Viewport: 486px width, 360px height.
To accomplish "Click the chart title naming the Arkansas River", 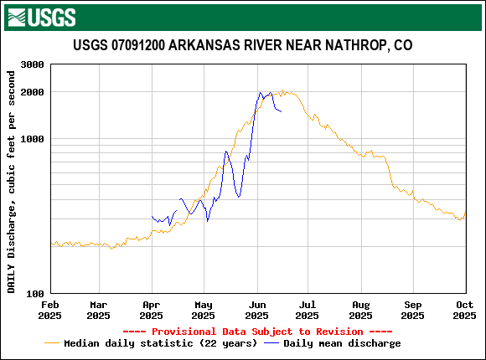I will pos(242,45).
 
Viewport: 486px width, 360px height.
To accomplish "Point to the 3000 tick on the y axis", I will pos(32,64).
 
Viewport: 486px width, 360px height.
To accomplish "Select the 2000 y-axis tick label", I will pos(32,92).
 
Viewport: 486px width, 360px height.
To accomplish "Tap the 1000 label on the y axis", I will pos(32,139).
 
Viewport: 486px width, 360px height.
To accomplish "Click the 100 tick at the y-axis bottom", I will pos(35,294).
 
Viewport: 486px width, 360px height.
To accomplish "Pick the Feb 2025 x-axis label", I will pos(50,310).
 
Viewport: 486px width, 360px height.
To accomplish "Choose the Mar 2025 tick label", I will pos(98,310).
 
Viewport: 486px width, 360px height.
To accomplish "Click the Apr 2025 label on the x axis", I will pos(151,310).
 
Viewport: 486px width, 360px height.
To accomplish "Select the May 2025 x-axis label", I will pos(202,310).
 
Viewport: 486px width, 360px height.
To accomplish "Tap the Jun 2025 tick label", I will pos(256,310).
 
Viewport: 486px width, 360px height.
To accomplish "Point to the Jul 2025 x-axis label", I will pos(307,310).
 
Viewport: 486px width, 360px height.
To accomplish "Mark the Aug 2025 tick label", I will pos(360,310).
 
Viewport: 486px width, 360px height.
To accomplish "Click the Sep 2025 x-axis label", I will pos(413,310).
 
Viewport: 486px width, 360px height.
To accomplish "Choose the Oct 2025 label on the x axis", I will pos(464,310).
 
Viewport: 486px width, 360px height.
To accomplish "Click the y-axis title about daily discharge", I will pos(12,182).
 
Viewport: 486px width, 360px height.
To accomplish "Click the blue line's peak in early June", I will pos(261,93).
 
